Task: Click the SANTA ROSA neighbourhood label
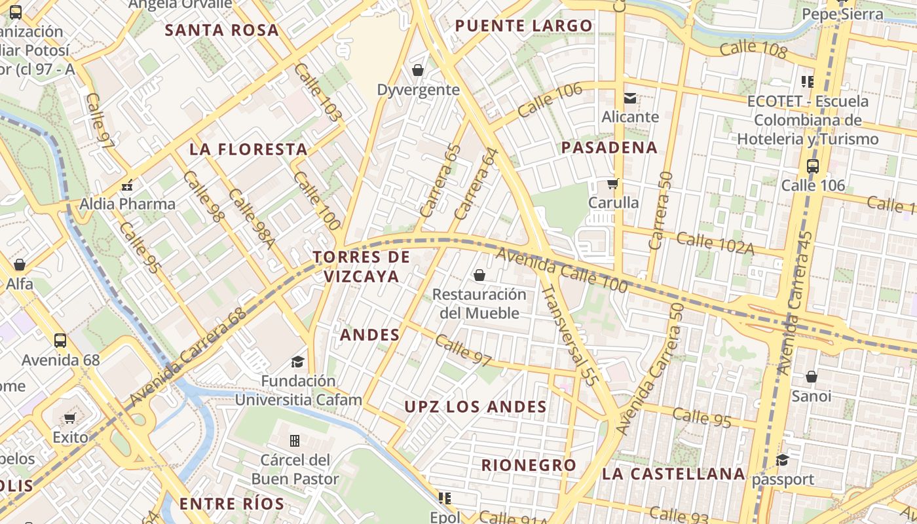point(221,30)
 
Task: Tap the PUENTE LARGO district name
point(523,26)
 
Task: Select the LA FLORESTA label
point(248,149)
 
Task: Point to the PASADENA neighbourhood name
point(609,147)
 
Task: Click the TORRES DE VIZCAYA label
point(362,267)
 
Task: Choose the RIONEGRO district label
point(529,465)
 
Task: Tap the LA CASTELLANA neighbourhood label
point(673,474)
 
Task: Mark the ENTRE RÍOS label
point(232,504)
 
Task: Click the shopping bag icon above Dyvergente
point(418,69)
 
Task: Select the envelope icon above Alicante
point(630,98)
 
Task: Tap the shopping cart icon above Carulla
point(613,183)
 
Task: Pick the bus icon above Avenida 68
point(60,341)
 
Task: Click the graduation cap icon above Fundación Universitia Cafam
point(298,362)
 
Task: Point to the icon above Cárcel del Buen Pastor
point(295,440)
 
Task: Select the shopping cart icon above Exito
point(70,418)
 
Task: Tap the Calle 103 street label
point(318,92)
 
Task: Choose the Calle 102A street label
point(715,244)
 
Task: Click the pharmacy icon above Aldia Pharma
point(127,185)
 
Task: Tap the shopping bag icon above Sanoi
point(812,377)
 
